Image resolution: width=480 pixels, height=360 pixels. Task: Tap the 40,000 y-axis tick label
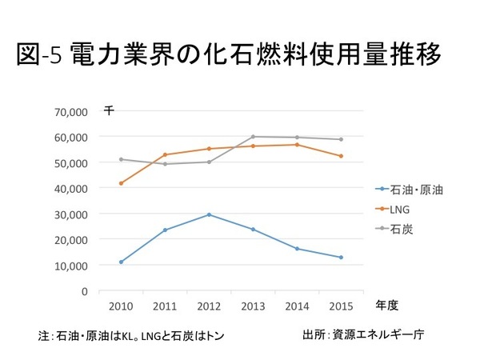pyautogui.click(x=73, y=188)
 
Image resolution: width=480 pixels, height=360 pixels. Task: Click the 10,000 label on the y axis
pyautogui.click(x=73, y=265)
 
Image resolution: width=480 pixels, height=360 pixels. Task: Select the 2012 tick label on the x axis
pyautogui.click(x=209, y=306)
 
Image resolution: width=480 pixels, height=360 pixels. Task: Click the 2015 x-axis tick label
pyautogui.click(x=341, y=306)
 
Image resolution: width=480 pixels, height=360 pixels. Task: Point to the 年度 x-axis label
pyautogui.click(x=386, y=305)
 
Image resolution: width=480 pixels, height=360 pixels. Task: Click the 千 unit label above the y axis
pyautogui.click(x=108, y=109)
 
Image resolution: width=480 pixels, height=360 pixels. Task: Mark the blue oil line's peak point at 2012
pyautogui.click(x=209, y=214)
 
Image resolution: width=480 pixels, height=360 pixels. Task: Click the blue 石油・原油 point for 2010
pyautogui.click(x=121, y=262)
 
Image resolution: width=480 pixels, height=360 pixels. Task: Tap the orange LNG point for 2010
pyautogui.click(x=121, y=183)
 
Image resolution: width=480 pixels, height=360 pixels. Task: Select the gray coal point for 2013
pyautogui.click(x=253, y=137)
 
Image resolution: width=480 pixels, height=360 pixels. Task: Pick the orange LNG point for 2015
pyautogui.click(x=341, y=156)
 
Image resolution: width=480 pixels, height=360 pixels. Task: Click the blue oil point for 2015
pyautogui.click(x=341, y=258)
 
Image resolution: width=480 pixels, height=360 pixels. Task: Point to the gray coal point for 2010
pyautogui.click(x=121, y=159)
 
